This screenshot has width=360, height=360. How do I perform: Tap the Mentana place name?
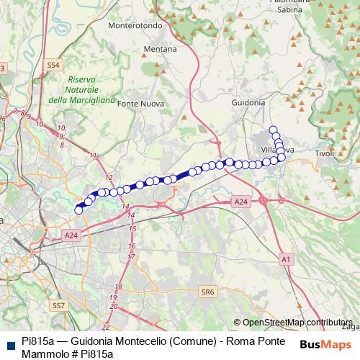point(161,49)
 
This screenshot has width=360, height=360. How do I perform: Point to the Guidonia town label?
point(248,103)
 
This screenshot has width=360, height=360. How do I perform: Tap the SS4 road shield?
point(53,65)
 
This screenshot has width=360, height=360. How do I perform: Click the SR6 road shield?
point(208,292)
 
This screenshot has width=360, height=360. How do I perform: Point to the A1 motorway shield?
point(286,258)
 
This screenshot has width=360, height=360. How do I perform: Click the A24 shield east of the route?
point(241,204)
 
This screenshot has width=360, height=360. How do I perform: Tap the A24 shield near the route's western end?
point(71,235)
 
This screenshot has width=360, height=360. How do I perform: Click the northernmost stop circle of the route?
point(273,130)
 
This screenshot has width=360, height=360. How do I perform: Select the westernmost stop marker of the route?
point(78,210)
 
